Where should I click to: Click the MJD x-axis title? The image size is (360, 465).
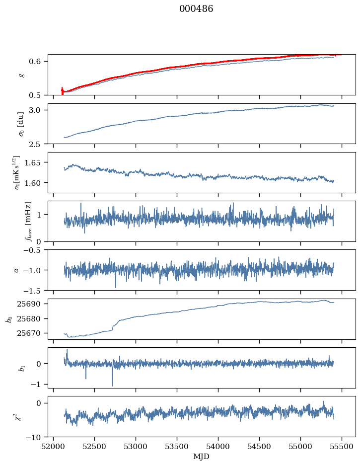[202, 457]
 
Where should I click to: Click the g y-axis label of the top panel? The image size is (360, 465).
[21, 75]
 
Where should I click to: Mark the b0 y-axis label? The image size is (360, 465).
[8, 319]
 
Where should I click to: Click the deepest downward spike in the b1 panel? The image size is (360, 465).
[112, 386]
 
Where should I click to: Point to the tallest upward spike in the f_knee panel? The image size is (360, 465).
[81, 203]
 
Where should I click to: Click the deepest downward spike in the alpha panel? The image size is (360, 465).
[116, 287]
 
